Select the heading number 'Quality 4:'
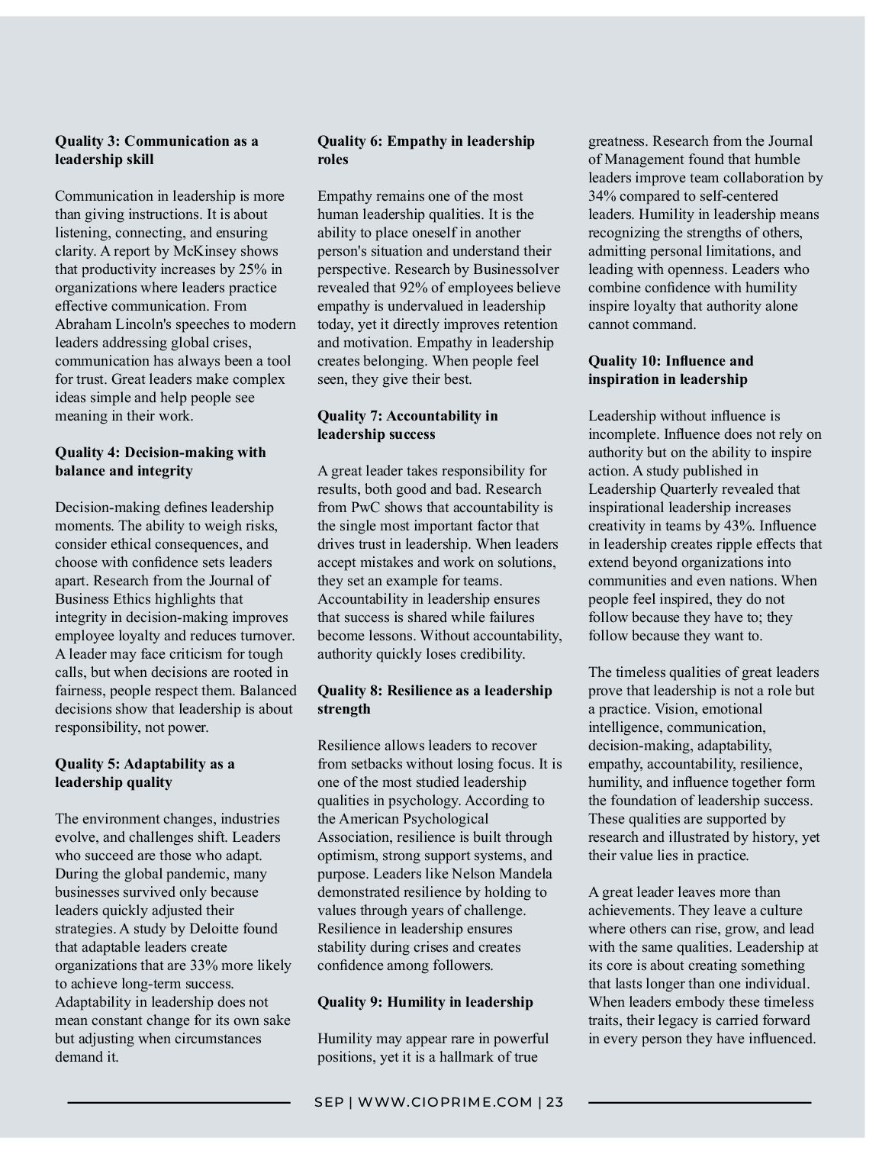click(x=87, y=453)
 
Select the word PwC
click(x=365, y=508)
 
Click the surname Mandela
click(x=525, y=874)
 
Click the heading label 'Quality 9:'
click(x=349, y=1002)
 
